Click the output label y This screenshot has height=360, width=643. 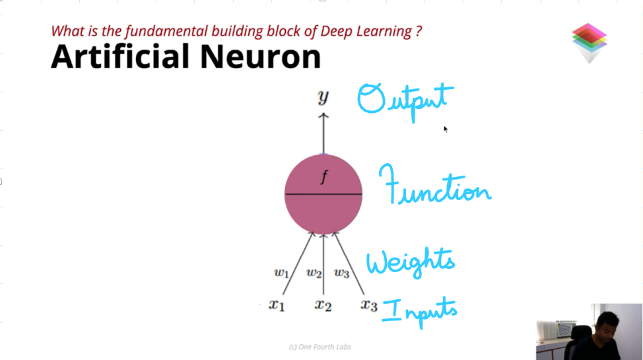pos(323,97)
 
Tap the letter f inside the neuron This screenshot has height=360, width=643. pos(324,177)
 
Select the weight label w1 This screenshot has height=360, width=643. pos(282,273)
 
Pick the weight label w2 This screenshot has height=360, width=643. pos(314,273)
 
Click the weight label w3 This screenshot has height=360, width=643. pos(341,273)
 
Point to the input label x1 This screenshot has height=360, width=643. pos(277,305)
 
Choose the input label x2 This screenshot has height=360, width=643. pos(323,305)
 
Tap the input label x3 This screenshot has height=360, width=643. pos(369,305)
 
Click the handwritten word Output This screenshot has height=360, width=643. pos(405,100)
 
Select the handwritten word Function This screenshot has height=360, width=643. pos(434,185)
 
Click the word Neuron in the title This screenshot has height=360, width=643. pos(260,56)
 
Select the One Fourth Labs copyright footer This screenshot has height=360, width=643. pos(320,347)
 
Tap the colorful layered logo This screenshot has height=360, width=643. pos(590,43)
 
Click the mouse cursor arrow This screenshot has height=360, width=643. pos(446,129)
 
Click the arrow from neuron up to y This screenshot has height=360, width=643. pos(323,133)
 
